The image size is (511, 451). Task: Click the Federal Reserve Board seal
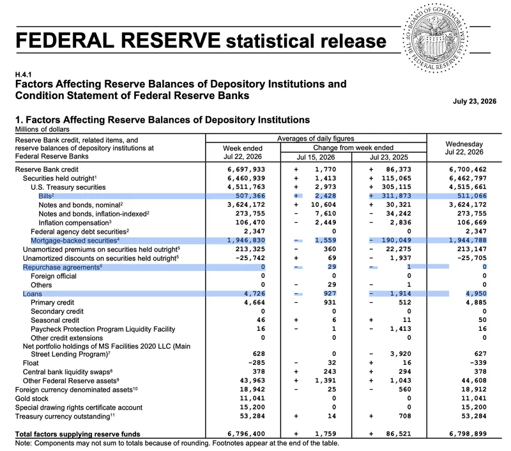pos(436,38)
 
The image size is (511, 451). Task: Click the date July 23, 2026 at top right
pos(475,102)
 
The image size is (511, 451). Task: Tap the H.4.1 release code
pos(23,75)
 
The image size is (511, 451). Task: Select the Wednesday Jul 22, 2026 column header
pos(464,148)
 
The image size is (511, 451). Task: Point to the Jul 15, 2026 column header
pos(316,157)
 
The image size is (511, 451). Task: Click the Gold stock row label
pos(31,399)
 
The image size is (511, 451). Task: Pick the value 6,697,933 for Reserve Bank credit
pos(247,169)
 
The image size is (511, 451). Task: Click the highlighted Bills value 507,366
pos(250,196)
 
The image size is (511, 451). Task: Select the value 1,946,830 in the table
pos(247,240)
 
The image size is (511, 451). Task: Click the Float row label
pos(31,363)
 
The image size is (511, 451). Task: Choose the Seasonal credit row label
pos(55,320)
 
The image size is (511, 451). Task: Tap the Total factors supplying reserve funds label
pos(77,434)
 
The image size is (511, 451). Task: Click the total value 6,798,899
pos(468,434)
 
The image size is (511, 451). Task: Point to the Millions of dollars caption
pos(42,130)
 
